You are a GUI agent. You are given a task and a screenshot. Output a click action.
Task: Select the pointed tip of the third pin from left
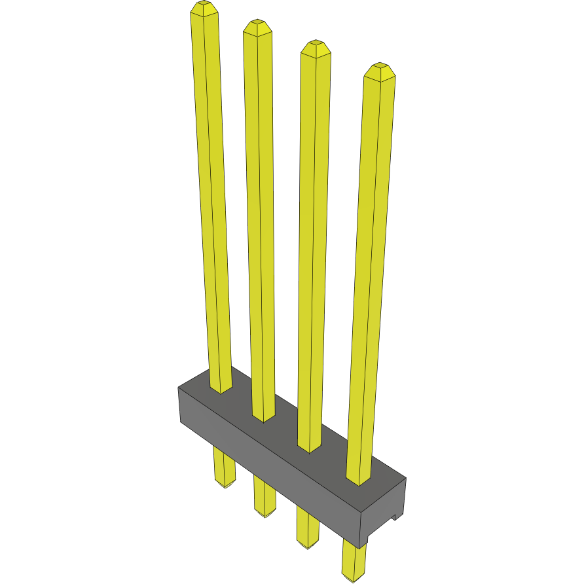[316, 46]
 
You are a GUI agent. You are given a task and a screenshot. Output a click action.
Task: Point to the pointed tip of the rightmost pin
[379, 69]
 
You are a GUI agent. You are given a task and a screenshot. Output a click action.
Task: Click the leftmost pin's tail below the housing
[225, 468]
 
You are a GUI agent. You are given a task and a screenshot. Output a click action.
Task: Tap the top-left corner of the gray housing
[179, 388]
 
